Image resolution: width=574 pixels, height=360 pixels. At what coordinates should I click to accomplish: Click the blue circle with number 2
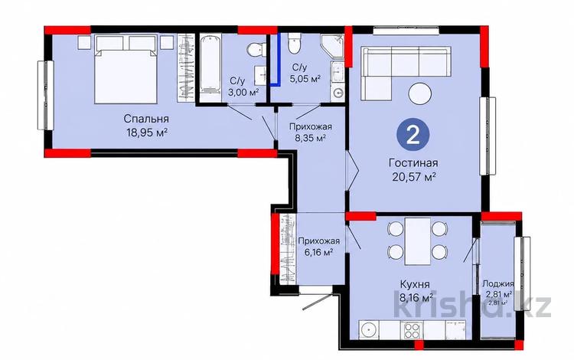(x=413, y=136)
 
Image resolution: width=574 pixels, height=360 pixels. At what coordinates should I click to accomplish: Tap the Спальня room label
(x=146, y=119)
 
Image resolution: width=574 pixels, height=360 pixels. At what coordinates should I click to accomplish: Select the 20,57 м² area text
(x=413, y=177)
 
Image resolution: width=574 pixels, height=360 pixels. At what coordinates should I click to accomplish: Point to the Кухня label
(x=415, y=284)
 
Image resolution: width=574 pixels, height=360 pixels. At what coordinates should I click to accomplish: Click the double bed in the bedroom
(x=126, y=69)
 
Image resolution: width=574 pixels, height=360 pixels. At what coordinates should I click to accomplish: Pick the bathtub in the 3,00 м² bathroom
(x=211, y=67)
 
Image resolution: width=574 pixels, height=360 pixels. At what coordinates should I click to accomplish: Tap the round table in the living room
(x=420, y=93)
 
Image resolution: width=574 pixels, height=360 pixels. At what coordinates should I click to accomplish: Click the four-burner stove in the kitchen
(x=413, y=330)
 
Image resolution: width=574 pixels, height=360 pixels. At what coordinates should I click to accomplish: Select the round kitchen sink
(x=369, y=330)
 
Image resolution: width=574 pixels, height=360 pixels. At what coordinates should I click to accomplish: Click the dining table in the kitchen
(x=418, y=241)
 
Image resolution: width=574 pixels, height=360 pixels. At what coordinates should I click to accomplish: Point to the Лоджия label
(x=498, y=283)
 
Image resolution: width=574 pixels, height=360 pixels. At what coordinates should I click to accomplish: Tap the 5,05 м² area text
(x=305, y=79)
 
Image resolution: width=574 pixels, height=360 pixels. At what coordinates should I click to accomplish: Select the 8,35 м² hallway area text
(x=311, y=138)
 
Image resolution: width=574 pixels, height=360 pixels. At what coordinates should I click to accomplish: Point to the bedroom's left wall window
(x=45, y=95)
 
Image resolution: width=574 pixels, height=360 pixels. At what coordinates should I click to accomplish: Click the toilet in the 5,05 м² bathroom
(x=295, y=43)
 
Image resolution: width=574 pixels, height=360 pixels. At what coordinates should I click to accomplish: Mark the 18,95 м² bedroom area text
(x=147, y=133)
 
